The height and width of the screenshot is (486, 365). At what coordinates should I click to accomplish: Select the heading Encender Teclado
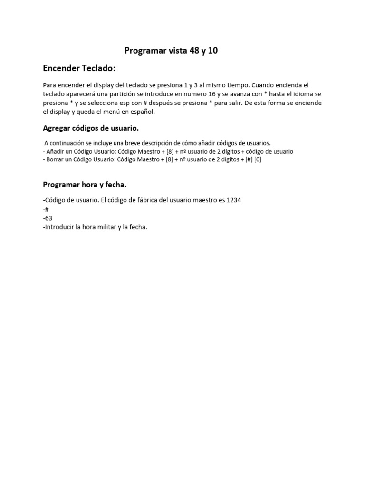coord(79,68)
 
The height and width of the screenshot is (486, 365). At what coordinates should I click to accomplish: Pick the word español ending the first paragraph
coord(143,112)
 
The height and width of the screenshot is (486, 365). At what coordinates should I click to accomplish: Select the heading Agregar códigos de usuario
coord(91,128)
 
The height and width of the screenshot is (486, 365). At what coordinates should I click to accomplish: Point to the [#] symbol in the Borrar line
coord(249,159)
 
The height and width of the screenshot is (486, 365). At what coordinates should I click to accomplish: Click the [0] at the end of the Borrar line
coord(258,159)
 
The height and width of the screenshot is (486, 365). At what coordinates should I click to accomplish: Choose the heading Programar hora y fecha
coord(85,184)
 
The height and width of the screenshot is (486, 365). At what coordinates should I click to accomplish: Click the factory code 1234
coord(234,200)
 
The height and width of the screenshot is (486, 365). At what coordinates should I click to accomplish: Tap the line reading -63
coord(48,218)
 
